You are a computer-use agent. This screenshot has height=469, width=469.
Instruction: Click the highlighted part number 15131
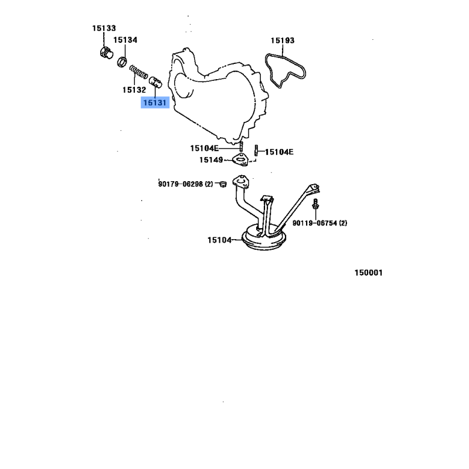tap(155, 103)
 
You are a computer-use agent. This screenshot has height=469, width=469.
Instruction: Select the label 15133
tap(104, 28)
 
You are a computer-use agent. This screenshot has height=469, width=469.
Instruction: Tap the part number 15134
tap(125, 40)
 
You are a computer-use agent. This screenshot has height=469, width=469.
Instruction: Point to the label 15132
tap(134, 90)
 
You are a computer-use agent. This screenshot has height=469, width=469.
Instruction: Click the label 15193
tap(283, 40)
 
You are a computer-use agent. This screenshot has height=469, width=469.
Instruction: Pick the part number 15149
tap(211, 160)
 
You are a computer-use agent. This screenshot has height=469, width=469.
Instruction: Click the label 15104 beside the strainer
tap(219, 240)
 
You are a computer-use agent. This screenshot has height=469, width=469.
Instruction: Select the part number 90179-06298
tap(181, 184)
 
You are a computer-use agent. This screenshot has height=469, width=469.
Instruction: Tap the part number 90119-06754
tap(315, 223)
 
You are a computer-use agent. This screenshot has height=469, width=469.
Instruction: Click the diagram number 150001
tap(369, 273)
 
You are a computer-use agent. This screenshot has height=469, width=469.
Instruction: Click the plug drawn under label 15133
tap(107, 53)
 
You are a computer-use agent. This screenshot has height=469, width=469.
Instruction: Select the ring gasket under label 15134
tap(122, 62)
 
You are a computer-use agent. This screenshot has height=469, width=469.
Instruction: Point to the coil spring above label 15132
tap(138, 72)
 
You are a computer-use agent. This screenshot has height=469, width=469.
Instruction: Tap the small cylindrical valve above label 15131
tap(155, 82)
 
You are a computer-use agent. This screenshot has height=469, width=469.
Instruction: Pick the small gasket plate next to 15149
tap(240, 159)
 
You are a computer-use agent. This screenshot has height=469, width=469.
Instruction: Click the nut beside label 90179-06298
tap(223, 183)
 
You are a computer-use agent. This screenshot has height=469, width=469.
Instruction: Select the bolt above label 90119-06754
tap(315, 204)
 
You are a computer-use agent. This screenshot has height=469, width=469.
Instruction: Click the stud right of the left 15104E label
tap(241, 146)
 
